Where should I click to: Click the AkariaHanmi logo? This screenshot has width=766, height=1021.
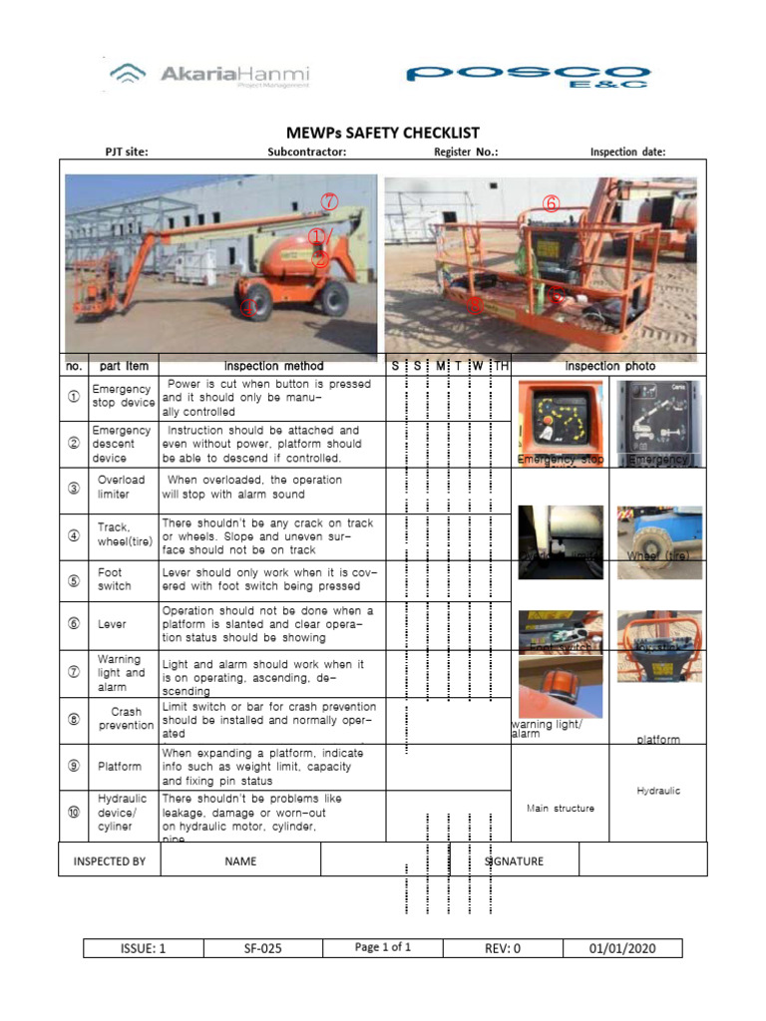210,75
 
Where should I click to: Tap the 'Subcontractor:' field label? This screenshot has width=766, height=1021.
306,153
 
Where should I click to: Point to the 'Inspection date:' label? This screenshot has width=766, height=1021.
627,153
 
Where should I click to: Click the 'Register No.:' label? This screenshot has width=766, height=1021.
466,153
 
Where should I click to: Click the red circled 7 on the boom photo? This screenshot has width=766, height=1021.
330,201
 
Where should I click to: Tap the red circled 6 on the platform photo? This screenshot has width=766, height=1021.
551,203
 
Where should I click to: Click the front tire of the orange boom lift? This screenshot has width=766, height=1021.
255,301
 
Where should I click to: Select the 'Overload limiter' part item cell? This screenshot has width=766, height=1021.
121,488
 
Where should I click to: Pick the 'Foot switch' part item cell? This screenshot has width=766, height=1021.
110,580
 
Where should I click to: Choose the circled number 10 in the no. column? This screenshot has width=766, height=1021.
73,812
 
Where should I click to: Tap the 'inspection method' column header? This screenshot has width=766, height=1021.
273,366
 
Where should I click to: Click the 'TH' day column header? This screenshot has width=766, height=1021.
502,366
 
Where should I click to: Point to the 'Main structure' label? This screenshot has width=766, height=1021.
560,809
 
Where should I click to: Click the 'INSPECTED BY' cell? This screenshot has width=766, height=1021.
110,861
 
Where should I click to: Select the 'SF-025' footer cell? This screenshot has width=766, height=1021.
262,948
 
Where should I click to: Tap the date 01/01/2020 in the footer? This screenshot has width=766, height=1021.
622,948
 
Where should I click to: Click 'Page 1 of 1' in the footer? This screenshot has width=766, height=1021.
383,947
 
